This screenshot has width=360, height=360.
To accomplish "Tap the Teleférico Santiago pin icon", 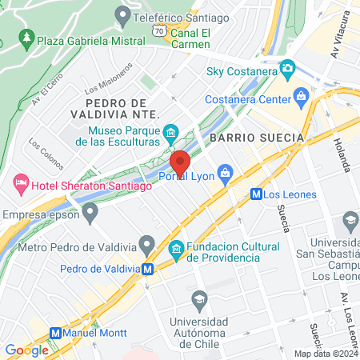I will [x=123, y=14].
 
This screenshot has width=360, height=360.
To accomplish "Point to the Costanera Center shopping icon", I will [x=302, y=98].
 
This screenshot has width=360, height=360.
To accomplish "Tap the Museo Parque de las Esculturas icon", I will [x=170, y=132].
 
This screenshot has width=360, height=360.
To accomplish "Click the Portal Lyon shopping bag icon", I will [x=226, y=171].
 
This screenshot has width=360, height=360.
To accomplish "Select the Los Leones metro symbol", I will [x=256, y=193].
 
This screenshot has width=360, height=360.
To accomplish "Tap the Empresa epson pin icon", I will [x=90, y=212].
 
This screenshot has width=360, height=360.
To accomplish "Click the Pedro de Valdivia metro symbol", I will [x=148, y=270].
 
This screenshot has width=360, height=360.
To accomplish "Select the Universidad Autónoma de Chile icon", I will [x=199, y=300].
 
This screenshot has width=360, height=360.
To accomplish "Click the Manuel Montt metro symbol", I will [x=55, y=333].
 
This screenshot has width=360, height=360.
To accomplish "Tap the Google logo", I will [x=26, y=350].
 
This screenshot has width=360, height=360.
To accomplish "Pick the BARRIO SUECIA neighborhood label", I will [x=257, y=138].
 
